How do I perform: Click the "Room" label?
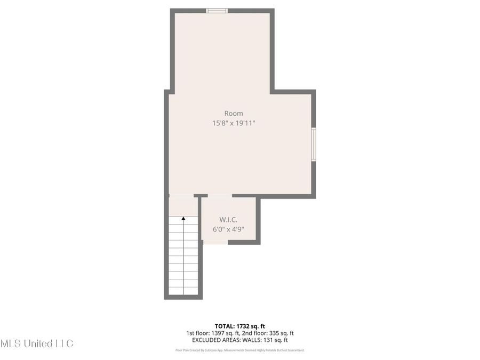point(234,113)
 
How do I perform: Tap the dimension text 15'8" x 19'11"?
point(234,123)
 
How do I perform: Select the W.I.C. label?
point(228,220)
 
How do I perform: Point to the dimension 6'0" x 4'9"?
point(228,230)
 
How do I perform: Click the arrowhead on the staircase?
point(183,218)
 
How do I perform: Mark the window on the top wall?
point(217,10)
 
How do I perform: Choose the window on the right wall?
point(314,144)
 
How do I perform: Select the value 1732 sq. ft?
point(254,325)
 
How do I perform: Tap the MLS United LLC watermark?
point(36,343)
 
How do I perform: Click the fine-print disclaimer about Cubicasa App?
point(239,350)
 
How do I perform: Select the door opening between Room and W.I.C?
point(219,196)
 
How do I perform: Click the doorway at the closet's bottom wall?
point(215,242)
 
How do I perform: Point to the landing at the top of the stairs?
point(183,205)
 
